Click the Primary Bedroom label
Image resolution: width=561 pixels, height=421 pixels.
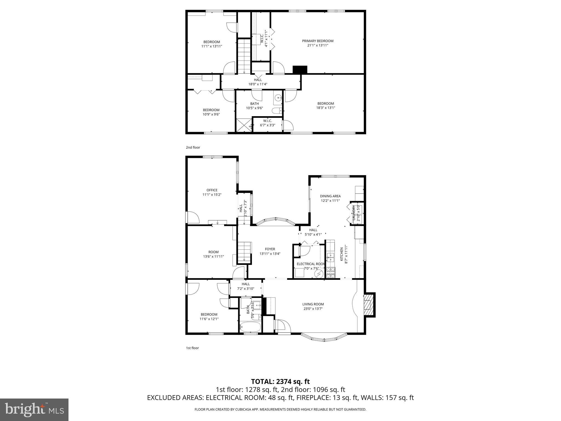pos(317,41)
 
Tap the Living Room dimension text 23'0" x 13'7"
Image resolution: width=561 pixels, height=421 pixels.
pos(313,309)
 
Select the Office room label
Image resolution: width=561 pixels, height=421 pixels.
pos(212,190)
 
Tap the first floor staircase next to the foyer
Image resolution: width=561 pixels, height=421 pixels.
pos(244,252)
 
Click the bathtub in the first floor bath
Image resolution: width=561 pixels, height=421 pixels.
pos(250,326)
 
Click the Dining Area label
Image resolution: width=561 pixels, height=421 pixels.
pos(330,196)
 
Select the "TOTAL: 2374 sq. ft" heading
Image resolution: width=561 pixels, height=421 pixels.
pos(280,381)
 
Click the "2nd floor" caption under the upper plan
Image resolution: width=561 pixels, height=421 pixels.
pos(193,147)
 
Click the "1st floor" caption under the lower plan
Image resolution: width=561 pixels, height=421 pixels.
pos(192,348)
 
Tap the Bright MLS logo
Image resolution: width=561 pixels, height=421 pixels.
pos(34,409)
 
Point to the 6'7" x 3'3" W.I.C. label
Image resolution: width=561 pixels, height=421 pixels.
pos(267,123)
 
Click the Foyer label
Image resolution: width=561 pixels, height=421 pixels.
pos(270,249)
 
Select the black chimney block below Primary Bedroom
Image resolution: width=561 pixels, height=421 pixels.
pos(300,69)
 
